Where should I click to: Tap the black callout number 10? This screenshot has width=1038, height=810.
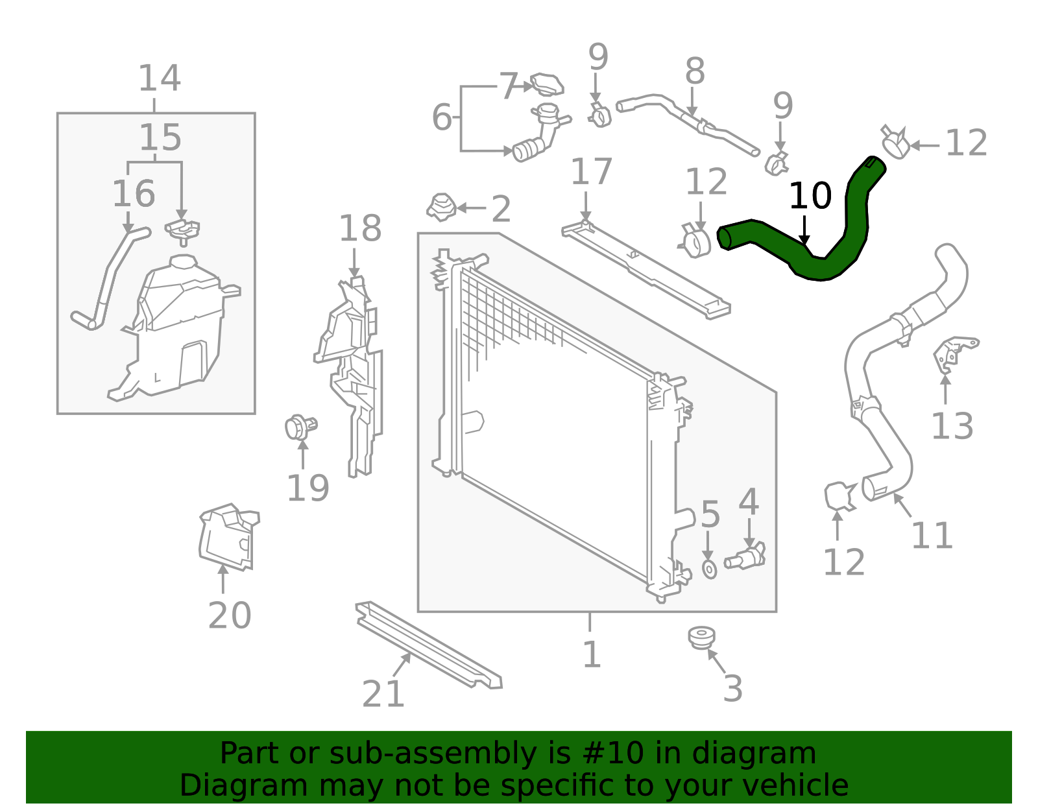(810, 196)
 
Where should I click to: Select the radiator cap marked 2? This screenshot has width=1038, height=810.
(441, 206)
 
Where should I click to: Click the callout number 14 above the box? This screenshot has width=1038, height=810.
(159, 78)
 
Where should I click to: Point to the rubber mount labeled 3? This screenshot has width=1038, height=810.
(701, 637)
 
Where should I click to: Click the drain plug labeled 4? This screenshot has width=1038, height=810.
(746, 556)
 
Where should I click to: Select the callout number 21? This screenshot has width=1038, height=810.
(383, 694)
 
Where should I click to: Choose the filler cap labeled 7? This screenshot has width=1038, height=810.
(547, 84)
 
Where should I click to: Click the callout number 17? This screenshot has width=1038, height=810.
(591, 172)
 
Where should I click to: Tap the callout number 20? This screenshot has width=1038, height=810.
(229, 615)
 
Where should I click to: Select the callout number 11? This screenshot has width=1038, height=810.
(932, 536)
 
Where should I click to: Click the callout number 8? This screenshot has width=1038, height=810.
(694, 71)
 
